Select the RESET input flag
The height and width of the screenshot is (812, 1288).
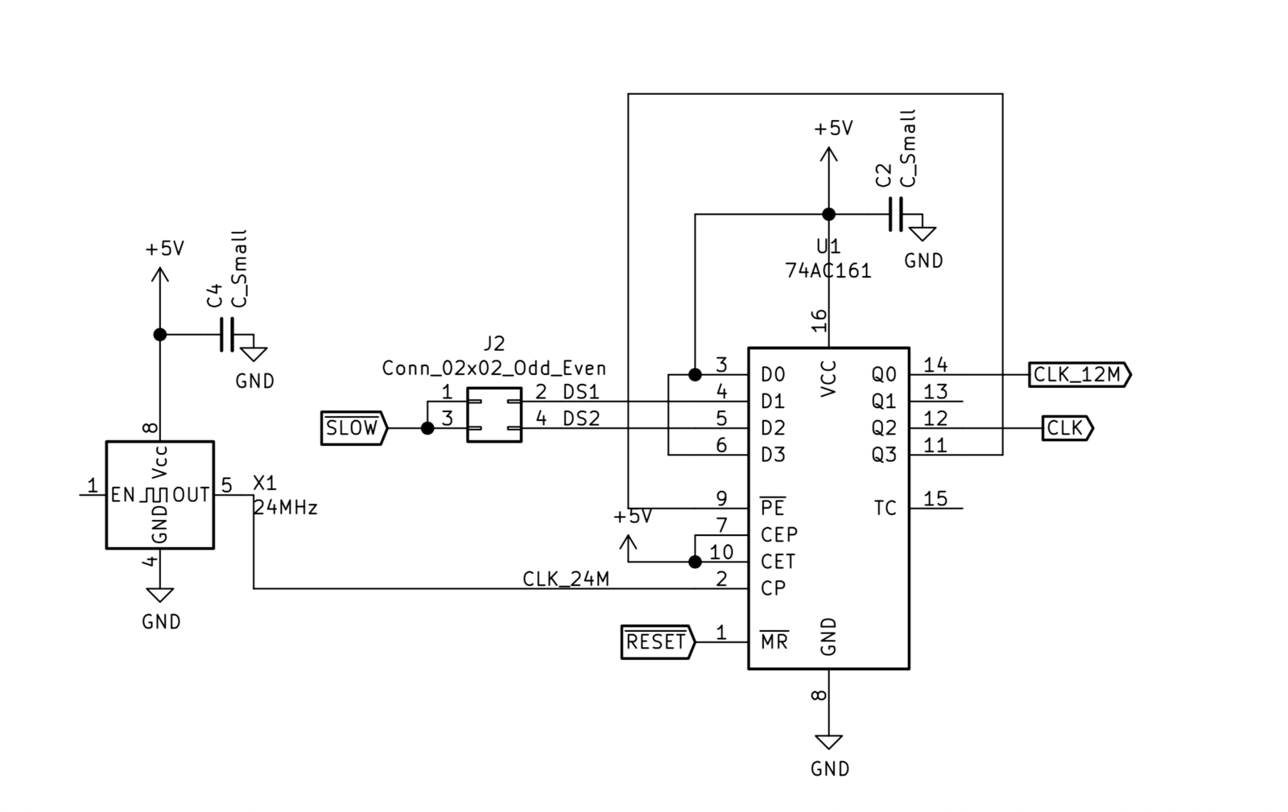[x=656, y=642]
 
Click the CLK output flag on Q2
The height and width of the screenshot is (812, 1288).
[x=1066, y=428]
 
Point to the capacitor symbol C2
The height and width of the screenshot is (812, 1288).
[x=896, y=215]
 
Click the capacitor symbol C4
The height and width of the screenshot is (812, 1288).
[x=227, y=334]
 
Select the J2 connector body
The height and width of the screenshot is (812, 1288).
[x=493, y=414]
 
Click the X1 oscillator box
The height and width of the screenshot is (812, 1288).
[x=159, y=495]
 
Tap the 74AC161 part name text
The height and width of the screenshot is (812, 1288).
[x=828, y=271]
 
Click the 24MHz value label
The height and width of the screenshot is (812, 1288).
[x=285, y=509]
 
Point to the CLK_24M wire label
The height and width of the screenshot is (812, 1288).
[x=566, y=579]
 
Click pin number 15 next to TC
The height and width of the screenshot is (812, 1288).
[x=935, y=499]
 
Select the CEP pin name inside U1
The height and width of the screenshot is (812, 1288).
[x=778, y=535]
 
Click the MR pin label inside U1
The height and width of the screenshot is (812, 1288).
[x=774, y=642]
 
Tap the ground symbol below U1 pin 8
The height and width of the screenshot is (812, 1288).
[x=828, y=742]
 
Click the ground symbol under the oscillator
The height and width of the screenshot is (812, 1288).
[x=159, y=596]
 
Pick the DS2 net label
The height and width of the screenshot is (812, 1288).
[x=581, y=418]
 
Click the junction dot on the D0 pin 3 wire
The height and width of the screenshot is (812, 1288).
[x=695, y=375]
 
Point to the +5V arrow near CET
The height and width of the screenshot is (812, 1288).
[x=627, y=546]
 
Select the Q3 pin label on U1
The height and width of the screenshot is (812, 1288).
[x=884, y=455]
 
